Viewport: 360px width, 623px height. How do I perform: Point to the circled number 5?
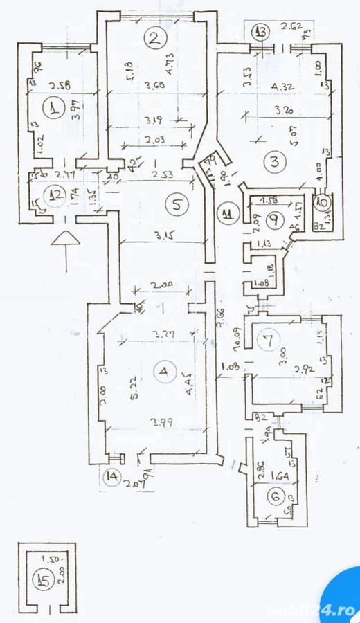tap(178, 204)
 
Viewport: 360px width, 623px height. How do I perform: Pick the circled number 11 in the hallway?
tap(226, 213)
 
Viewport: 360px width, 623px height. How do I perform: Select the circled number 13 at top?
tap(260, 31)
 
